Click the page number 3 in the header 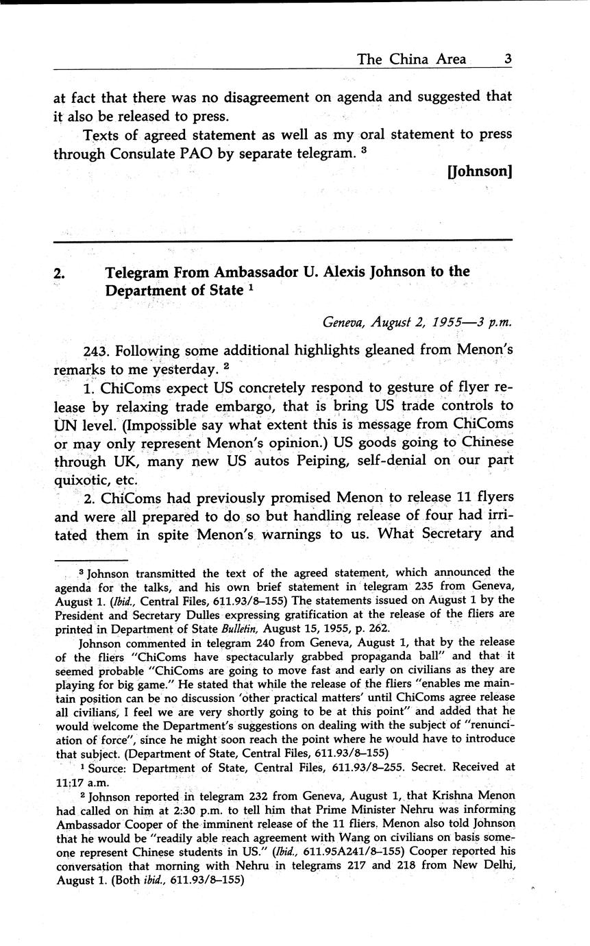pyautogui.click(x=507, y=59)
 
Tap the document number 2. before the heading pyautogui.click(x=60, y=273)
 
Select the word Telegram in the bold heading pyautogui.click(x=138, y=271)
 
